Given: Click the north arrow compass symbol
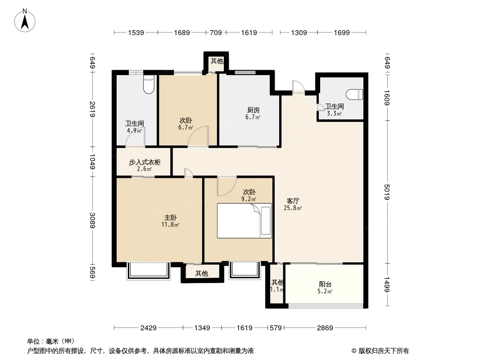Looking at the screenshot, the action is [25, 21].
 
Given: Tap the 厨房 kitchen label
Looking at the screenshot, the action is [253, 110].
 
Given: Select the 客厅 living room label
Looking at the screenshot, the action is [293, 201].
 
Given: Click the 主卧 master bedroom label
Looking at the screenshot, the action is [170, 217].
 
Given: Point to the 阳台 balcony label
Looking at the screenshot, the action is [325, 284].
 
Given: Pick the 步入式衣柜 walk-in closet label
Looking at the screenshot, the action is [145, 162].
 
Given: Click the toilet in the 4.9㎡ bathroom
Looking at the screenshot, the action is [149, 84].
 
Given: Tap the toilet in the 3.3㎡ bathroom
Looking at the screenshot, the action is [354, 94].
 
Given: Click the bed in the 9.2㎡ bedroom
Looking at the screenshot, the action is [245, 220].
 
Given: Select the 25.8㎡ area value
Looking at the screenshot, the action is [293, 208].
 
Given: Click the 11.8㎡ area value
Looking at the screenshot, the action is [170, 225].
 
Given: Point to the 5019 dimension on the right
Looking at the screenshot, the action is [387, 192].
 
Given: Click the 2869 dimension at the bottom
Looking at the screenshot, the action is [325, 328].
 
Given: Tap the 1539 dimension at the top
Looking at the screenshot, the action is [136, 33].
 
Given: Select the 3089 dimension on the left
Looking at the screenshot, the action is [92, 220].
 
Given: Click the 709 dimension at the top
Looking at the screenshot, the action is [216, 33].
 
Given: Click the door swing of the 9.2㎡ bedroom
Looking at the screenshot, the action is [227, 187].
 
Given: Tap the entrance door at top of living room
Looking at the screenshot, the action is [298, 86].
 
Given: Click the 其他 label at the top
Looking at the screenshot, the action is [217, 61].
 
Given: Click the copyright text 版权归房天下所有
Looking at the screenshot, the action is [384, 351].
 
